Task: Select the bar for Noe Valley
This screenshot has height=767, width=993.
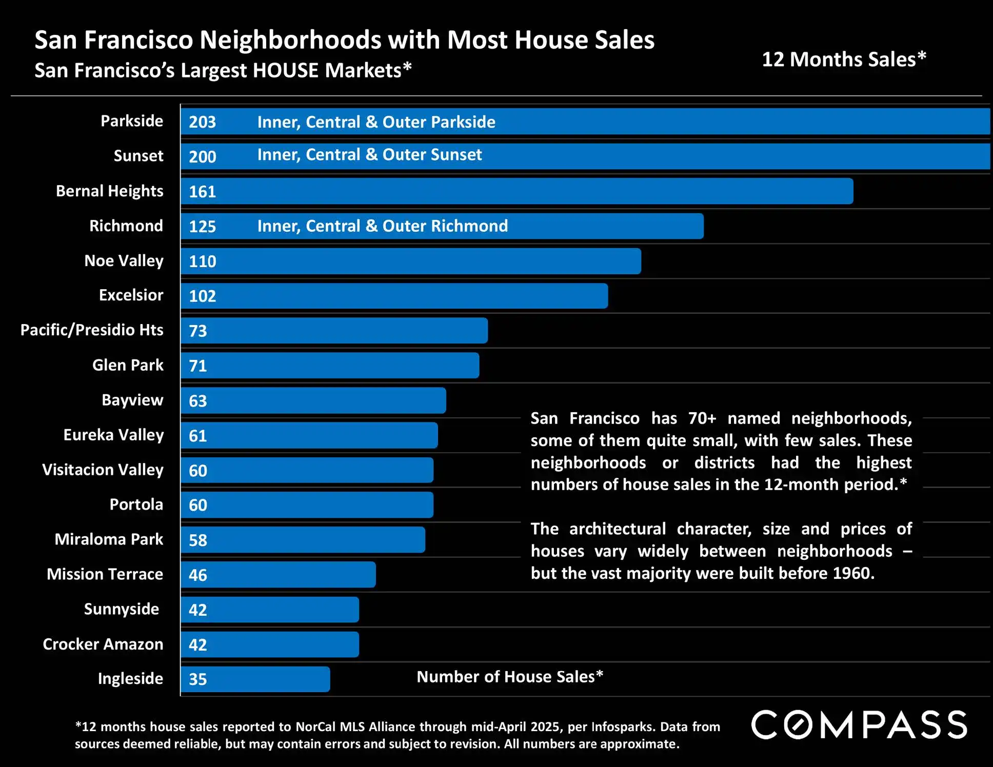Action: [x=410, y=261]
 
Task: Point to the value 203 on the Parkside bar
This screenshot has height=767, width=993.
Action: [x=202, y=122]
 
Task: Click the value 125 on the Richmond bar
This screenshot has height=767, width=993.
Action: [x=202, y=227]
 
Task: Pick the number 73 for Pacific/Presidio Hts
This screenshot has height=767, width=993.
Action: [x=197, y=331]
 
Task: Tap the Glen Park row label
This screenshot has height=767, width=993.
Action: [x=128, y=365]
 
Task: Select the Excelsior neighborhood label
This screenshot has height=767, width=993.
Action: [x=131, y=295]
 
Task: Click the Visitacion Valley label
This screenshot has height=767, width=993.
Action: [x=103, y=470]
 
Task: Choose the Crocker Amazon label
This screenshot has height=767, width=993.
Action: [x=103, y=644]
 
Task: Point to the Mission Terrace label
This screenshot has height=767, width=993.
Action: [x=105, y=574]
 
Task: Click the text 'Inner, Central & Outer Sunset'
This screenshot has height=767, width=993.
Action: [x=369, y=155]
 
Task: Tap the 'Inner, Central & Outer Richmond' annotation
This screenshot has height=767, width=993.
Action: [x=382, y=226]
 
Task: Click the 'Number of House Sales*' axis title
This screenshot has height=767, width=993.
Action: [x=509, y=677]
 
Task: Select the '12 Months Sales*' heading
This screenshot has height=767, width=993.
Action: [x=844, y=59]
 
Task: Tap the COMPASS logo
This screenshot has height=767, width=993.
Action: [x=859, y=724]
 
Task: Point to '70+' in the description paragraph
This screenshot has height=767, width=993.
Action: [x=702, y=418]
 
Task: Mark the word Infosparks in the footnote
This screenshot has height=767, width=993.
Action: [x=622, y=727]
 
